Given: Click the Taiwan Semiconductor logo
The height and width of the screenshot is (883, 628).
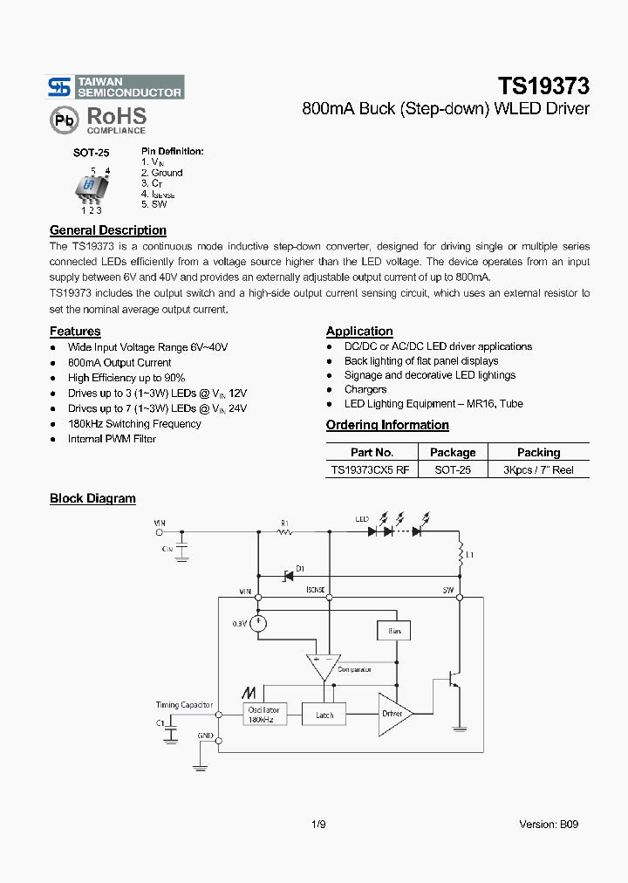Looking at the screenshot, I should [115, 86].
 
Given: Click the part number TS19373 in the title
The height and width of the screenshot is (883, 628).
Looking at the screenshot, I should [543, 86].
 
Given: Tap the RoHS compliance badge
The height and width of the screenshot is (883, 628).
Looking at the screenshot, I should [98, 120].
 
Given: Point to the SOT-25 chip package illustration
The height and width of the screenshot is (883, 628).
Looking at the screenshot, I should [91, 188].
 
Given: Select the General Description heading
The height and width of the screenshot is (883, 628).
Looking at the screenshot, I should [108, 230].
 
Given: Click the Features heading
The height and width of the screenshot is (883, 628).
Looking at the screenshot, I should [75, 332].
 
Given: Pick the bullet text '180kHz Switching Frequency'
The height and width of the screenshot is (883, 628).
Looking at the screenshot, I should [134, 424].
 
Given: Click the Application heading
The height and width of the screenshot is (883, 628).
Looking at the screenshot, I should [359, 332].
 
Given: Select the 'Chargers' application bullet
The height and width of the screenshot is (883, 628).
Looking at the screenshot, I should [365, 390].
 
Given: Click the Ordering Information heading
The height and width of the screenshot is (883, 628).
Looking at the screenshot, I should [387, 425].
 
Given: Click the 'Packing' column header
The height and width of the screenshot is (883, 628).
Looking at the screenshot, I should [538, 453].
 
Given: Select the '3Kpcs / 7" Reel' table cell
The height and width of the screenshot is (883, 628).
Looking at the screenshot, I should [538, 470].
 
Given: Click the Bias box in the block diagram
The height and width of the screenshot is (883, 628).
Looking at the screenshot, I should [393, 630].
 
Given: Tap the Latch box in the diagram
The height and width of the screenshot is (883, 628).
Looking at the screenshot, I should [324, 715].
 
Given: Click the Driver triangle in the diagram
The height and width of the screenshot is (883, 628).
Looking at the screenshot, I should [394, 713].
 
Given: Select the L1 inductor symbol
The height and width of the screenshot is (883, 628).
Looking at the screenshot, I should [460, 554].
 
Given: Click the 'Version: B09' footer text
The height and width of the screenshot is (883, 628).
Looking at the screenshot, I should [549, 824].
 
